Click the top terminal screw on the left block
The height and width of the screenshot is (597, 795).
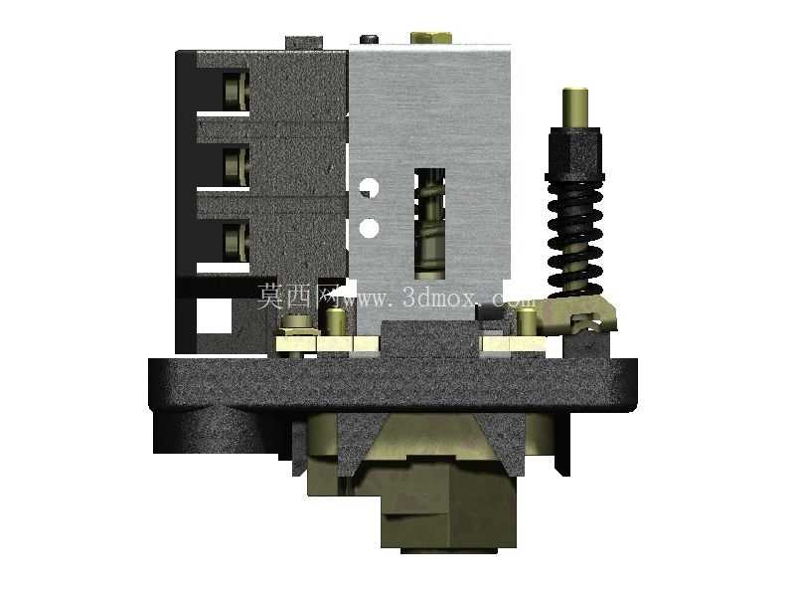click(237, 91)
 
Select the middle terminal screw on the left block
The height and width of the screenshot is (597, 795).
click(237, 166)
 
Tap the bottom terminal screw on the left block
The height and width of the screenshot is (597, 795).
click(237, 242)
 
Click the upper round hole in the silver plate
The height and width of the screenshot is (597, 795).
click(369, 187)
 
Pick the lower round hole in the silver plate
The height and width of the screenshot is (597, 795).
click(369, 228)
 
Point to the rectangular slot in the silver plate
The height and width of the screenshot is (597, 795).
click(430, 224)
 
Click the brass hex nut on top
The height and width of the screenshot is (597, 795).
click(431, 38)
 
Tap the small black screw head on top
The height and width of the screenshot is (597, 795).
click(370, 39)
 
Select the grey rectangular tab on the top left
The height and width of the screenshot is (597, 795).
click(304, 43)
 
